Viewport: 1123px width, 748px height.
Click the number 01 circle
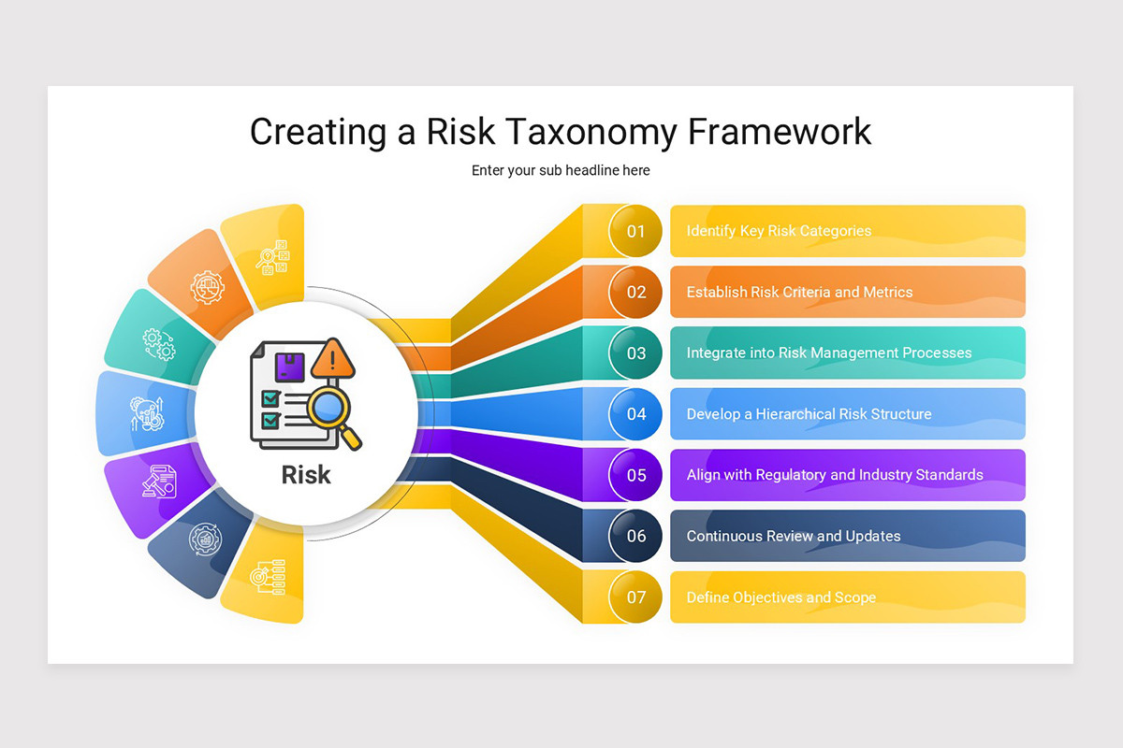[636, 231]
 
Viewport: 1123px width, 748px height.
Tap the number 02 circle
[636, 292]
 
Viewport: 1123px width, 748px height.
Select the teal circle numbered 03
[636, 353]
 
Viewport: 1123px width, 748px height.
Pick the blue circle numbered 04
[636, 414]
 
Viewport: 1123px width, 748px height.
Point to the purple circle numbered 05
[636, 475]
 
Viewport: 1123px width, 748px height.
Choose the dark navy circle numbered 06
[636, 537]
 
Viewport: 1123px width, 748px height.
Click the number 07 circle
[636, 597]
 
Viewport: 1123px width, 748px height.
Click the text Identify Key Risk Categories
[779, 231]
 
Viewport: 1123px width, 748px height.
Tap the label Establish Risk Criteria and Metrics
[799, 292]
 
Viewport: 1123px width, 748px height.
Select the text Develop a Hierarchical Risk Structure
[809, 414]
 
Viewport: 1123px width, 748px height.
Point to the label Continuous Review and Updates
[794, 537]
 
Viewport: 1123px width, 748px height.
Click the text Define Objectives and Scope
[781, 597]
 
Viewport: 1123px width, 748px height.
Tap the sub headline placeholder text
[561, 170]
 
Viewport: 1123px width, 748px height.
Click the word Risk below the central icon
[306, 475]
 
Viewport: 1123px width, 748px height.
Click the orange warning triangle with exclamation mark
[332, 358]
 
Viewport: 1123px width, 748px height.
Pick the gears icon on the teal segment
[158, 343]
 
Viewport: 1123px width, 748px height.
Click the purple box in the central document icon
[289, 365]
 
